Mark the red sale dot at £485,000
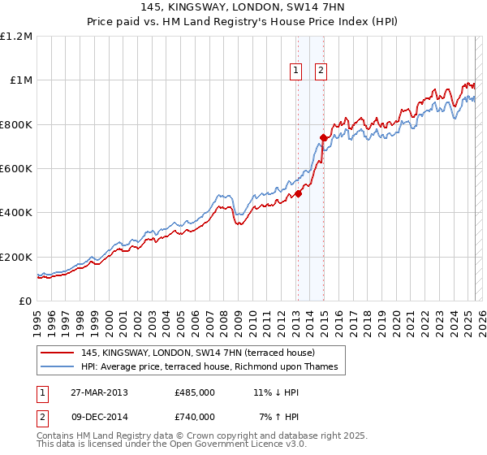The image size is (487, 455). [298, 193]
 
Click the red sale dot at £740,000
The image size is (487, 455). [323, 137]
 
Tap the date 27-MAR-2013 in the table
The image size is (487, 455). [94, 392]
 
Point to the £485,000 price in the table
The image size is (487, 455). [195, 392]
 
